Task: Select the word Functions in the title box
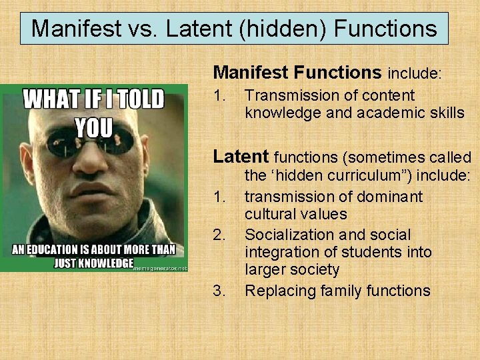[x=385, y=29]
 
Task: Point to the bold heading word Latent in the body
[x=241, y=157]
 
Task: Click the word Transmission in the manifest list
[x=287, y=96]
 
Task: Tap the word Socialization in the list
[x=287, y=235]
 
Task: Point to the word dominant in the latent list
[x=391, y=197]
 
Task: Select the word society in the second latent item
[x=315, y=270]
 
